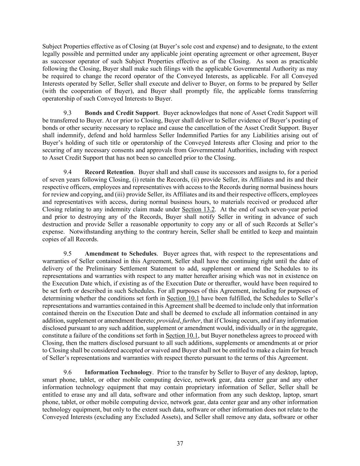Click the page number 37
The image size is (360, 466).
pyautogui.click(x=180, y=443)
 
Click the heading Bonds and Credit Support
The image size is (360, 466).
pyautogui.click(x=121, y=113)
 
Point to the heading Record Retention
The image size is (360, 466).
pyautogui.click(x=109, y=172)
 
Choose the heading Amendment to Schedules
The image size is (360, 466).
pyautogui.click(x=120, y=254)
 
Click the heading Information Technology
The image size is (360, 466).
pyautogui.click(x=118, y=372)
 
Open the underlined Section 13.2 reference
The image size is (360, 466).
pyautogui.click(x=198, y=209)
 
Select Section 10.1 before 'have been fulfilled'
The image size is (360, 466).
pyautogui.click(x=183, y=298)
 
